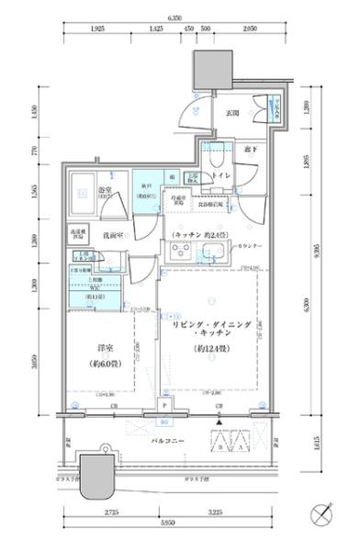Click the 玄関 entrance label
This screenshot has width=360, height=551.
(x=232, y=113)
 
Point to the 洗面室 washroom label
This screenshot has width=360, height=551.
(x=113, y=235)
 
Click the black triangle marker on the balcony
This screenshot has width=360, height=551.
(x=219, y=422)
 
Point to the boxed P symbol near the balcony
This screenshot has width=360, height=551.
(x=164, y=406)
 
